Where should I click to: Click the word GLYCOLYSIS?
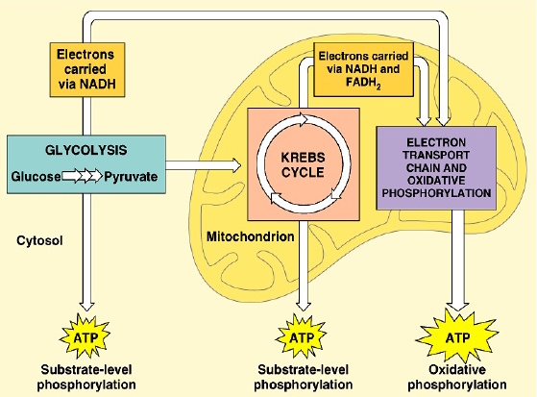coord(85,150)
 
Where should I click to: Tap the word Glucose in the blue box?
coord(36,177)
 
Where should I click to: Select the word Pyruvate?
coord(131,177)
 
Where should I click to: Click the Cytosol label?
coord(39,240)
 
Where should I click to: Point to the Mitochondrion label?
coord(251,236)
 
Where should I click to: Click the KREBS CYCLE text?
coord(304,165)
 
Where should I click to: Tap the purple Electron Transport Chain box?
coord(436,168)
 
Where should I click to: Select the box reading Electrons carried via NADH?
coord(87,69)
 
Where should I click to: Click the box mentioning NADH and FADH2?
coord(364,69)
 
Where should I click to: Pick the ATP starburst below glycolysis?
coord(85,337)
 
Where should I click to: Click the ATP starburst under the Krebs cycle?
coord(302,337)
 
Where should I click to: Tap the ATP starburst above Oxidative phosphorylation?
coord(457,337)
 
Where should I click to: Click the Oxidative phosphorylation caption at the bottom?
coord(457,377)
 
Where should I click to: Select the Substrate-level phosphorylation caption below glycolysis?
coord(86,377)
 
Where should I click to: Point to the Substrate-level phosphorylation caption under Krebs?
coord(304,377)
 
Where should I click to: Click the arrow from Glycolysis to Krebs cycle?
coord(204,165)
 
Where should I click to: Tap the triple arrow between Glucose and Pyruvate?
coord(83,176)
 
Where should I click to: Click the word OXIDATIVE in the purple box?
coord(436,181)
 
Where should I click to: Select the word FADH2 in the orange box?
coord(363,84)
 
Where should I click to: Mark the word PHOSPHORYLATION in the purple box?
coord(436,193)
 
